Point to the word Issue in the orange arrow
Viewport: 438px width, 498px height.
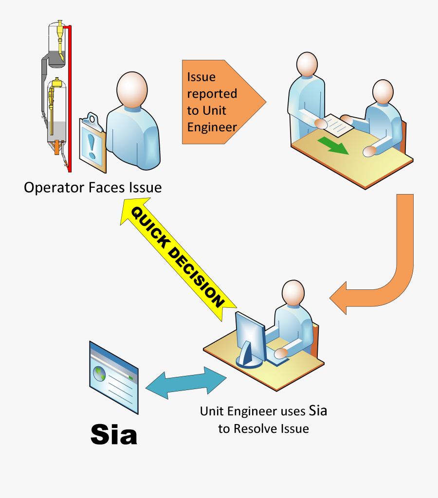201,77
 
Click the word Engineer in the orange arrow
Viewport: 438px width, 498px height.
212,127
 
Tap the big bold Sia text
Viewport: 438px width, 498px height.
114,434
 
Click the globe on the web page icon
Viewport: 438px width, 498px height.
100,373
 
